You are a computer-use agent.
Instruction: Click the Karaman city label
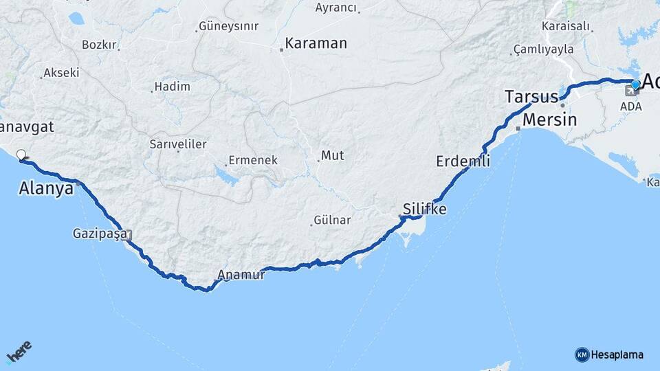tap(316, 43)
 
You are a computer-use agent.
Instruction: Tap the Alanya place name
tap(46, 188)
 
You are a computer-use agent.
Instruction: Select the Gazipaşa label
tap(100, 234)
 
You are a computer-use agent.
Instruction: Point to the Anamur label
tap(241, 275)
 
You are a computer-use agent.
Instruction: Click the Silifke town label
tap(425, 208)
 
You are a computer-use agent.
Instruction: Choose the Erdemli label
tap(463, 161)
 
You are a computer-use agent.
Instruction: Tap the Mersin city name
tap(549, 120)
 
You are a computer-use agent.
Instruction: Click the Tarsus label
tap(531, 96)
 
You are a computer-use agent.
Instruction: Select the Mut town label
tap(333, 156)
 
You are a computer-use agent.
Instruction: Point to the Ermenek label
tap(254, 160)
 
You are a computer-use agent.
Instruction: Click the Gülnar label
tap(332, 220)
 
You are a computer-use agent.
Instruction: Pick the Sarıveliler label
tap(178, 144)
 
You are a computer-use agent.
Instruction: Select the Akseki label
tap(61, 72)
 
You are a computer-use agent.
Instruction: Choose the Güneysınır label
tap(228, 26)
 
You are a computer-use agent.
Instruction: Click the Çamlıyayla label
tap(543, 49)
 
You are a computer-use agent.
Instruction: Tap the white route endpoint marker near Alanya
tap(21, 155)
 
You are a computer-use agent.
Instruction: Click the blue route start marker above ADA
tap(635, 85)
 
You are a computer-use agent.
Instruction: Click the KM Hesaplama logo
tap(609, 355)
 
